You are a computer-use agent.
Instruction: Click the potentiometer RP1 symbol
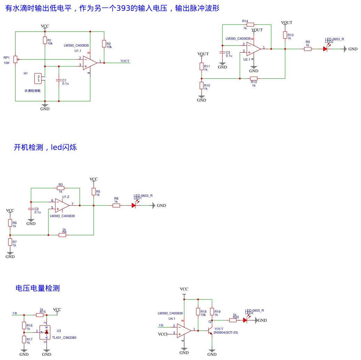click(x=15, y=59)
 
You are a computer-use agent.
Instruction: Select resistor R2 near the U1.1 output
click(x=104, y=43)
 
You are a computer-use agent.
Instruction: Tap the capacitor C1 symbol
click(x=59, y=80)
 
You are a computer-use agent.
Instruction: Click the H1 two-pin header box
click(x=39, y=79)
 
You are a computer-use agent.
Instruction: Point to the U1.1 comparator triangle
click(x=89, y=63)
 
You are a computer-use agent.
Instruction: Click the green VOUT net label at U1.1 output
click(x=125, y=61)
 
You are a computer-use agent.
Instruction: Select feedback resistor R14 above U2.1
click(x=250, y=25)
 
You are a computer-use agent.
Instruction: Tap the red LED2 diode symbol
click(x=325, y=49)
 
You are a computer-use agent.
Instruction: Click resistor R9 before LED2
click(x=308, y=49)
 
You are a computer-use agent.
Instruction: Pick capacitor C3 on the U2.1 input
click(x=222, y=52)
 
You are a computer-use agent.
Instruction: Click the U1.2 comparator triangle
click(x=62, y=205)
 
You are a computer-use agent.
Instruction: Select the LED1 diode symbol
click(x=134, y=206)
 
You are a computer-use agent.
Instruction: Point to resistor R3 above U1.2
click(x=61, y=188)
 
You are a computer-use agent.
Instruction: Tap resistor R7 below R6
click(x=10, y=242)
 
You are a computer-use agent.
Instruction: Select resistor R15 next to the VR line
click(x=40, y=315)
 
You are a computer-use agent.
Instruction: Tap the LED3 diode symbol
click(x=245, y=320)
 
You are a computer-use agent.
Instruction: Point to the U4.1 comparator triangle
click(x=183, y=330)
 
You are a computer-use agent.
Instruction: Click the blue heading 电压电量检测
click(x=38, y=288)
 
